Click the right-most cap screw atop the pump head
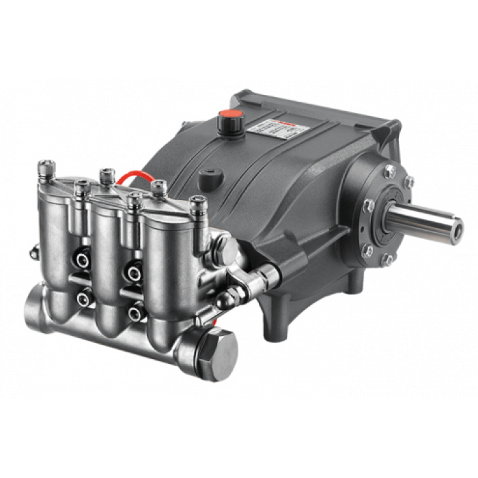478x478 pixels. point(199,204)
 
